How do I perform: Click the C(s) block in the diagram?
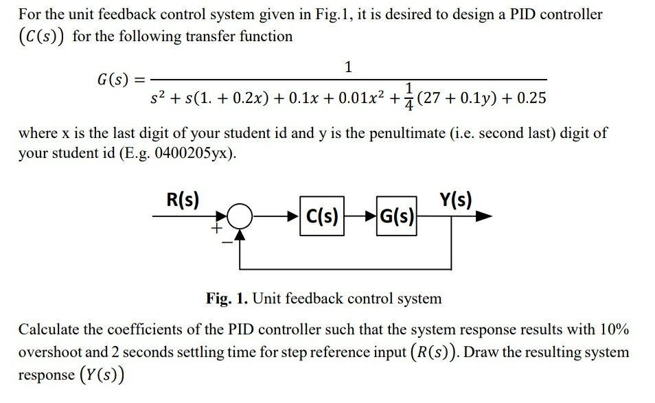[321, 219]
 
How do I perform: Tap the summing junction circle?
[239, 218]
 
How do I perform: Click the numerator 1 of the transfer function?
[349, 67]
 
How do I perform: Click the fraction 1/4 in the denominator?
[409, 95]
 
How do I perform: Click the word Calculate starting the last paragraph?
[46, 328]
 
